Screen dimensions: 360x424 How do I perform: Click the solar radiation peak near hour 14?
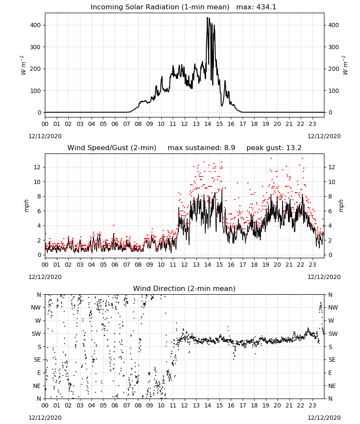pyautogui.click(x=208, y=18)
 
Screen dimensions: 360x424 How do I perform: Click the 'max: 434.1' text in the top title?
pyautogui.click(x=256, y=7)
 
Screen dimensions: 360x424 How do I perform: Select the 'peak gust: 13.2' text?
pyautogui.click(x=274, y=148)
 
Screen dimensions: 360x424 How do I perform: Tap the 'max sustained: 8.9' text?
pyautogui.click(x=202, y=148)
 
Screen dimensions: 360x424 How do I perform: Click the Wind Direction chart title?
pyautogui.click(x=184, y=288)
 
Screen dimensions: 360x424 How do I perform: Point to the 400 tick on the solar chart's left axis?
pyautogui.click(x=35, y=25)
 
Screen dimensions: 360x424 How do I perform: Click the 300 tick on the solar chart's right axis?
pyautogui.click(x=333, y=47)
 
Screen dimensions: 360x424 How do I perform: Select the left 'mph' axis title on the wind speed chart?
pyautogui.click(x=26, y=206)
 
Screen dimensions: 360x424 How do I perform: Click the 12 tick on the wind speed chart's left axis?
pyautogui.click(x=37, y=167)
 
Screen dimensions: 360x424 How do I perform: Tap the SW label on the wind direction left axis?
pyautogui.click(x=36, y=334)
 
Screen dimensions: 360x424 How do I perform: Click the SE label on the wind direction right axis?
pyautogui.click(x=332, y=360)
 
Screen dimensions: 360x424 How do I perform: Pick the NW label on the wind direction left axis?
pyautogui.click(x=36, y=307)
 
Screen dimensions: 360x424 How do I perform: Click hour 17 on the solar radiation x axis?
pyautogui.click(x=243, y=124)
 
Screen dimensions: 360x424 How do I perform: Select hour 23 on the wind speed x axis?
pyautogui.click(x=313, y=265)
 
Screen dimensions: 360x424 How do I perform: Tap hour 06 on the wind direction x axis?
pyautogui.click(x=115, y=406)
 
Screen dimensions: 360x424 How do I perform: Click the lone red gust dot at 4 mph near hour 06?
pyautogui.click(x=114, y=225)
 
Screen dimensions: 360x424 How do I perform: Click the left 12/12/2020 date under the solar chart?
pyautogui.click(x=45, y=136)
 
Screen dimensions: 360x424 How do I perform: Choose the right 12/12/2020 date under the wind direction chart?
pyautogui.click(x=324, y=418)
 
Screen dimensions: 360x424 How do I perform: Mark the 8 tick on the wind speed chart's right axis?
pyautogui.click(x=330, y=197)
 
